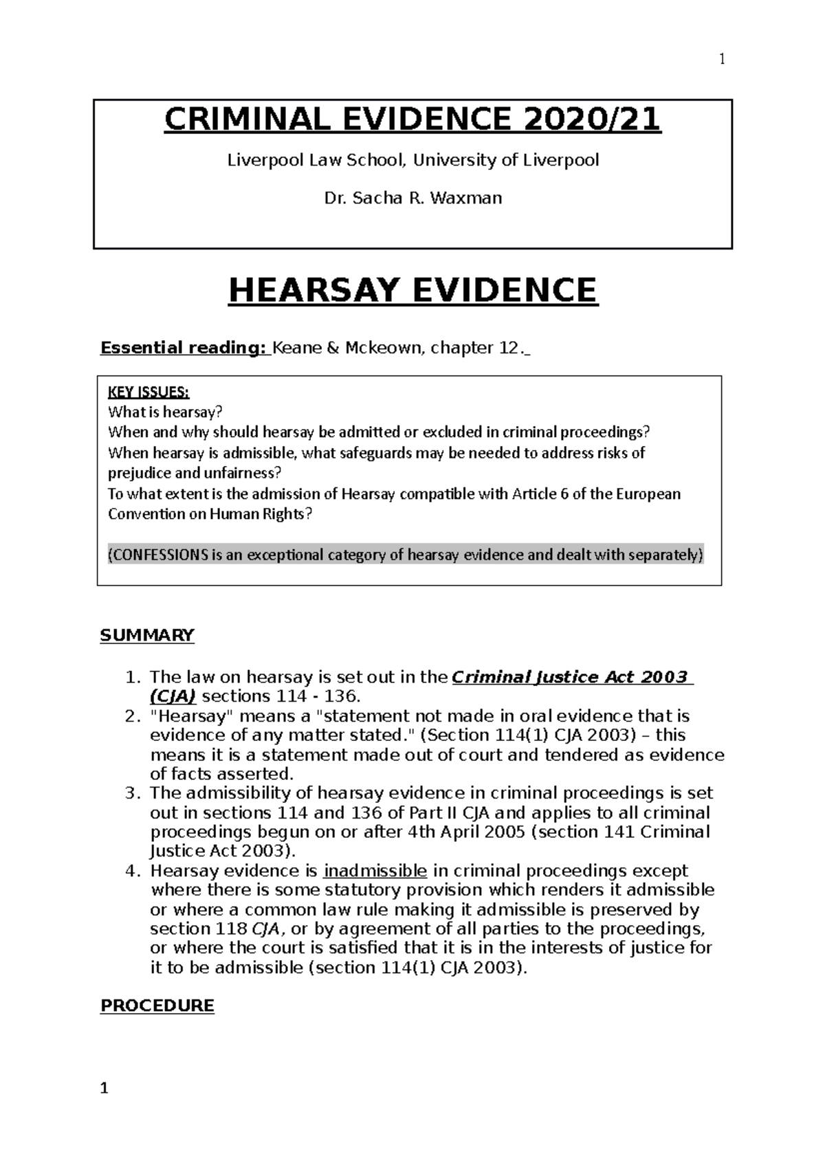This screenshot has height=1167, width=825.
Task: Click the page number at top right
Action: (x=722, y=60)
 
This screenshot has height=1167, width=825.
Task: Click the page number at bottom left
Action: (x=104, y=1088)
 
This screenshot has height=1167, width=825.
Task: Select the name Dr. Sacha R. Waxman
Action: (x=412, y=199)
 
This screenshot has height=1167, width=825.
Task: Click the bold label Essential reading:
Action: (x=184, y=348)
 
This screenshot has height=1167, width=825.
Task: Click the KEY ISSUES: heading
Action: (x=148, y=392)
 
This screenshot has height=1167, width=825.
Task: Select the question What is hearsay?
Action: (x=166, y=412)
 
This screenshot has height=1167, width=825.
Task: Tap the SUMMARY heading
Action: (x=147, y=635)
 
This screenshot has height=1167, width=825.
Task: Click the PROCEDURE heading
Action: (x=157, y=1005)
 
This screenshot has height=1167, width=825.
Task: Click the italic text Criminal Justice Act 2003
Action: (x=569, y=677)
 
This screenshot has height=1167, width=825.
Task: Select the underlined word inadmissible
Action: (x=375, y=871)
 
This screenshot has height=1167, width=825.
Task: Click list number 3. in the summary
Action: (x=133, y=793)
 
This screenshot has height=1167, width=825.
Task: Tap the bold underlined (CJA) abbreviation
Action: (x=173, y=696)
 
